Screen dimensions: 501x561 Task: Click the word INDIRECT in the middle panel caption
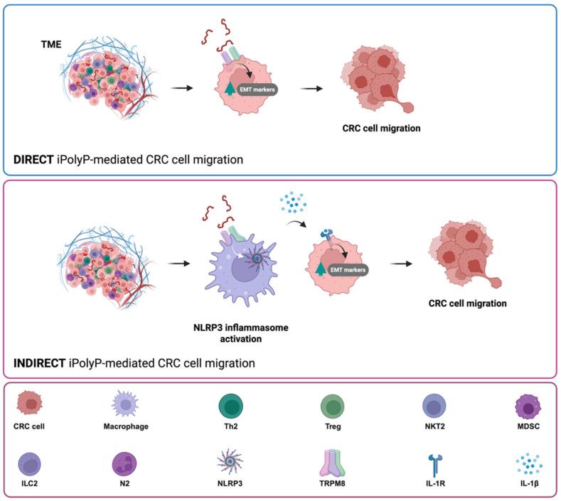41,363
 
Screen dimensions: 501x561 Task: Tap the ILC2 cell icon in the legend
32,465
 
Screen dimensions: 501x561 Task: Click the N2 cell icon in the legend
122,465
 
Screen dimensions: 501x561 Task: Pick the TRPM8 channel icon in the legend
331,463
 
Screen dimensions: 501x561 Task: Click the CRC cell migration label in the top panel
375,130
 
